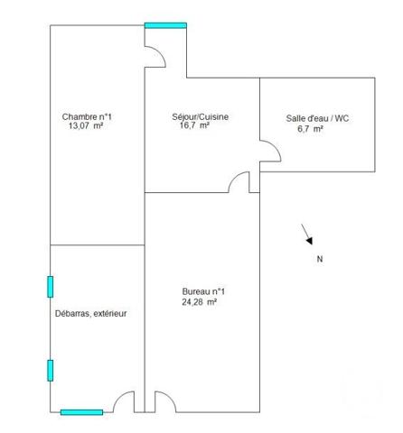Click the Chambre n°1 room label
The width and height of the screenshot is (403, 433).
[x=87, y=117]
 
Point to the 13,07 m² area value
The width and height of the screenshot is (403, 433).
[x=87, y=127]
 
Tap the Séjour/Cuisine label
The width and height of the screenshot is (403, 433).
[x=199, y=117]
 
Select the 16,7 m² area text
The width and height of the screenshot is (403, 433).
[x=195, y=127]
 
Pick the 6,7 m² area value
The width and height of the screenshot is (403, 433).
[x=310, y=129]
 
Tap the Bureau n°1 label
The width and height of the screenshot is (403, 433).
[x=203, y=291]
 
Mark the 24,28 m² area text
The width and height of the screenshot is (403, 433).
[x=200, y=302]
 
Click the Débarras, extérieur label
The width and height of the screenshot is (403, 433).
[x=91, y=314]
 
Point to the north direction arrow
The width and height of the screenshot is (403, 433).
[x=307, y=235]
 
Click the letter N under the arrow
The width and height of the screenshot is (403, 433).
[x=319, y=259]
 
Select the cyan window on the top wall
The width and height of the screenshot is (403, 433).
[x=165, y=25]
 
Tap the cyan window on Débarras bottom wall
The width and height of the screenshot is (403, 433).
[x=81, y=412]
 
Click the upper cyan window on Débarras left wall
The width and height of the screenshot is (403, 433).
[x=51, y=286]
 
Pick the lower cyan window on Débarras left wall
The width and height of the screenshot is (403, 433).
[x=51, y=370]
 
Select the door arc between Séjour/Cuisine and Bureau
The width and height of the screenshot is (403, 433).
[x=239, y=182]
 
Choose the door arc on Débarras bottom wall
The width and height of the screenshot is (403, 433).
[x=124, y=401]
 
